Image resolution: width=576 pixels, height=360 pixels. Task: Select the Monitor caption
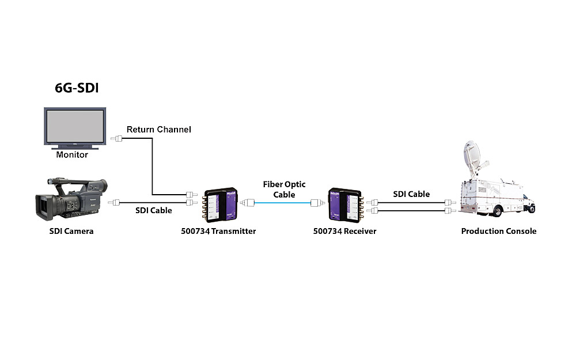click(x=72, y=155)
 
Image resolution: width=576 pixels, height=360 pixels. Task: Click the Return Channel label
click(x=158, y=130)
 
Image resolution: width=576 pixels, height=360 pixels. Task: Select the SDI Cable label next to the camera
click(x=153, y=210)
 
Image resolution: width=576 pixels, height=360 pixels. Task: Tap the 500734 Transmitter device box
click(x=221, y=203)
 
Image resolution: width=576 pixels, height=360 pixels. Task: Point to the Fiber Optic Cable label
click(x=285, y=190)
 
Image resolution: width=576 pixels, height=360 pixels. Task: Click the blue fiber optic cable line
click(x=282, y=203)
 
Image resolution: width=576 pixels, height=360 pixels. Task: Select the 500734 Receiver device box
click(x=344, y=203)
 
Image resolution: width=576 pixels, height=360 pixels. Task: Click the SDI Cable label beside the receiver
click(x=411, y=194)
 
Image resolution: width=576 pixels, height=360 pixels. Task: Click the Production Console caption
click(x=499, y=231)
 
